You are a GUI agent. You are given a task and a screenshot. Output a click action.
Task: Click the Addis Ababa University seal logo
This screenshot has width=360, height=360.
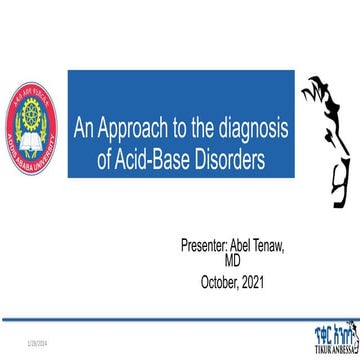[33, 127]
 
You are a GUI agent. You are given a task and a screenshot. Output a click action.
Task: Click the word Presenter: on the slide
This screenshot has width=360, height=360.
[211, 217]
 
